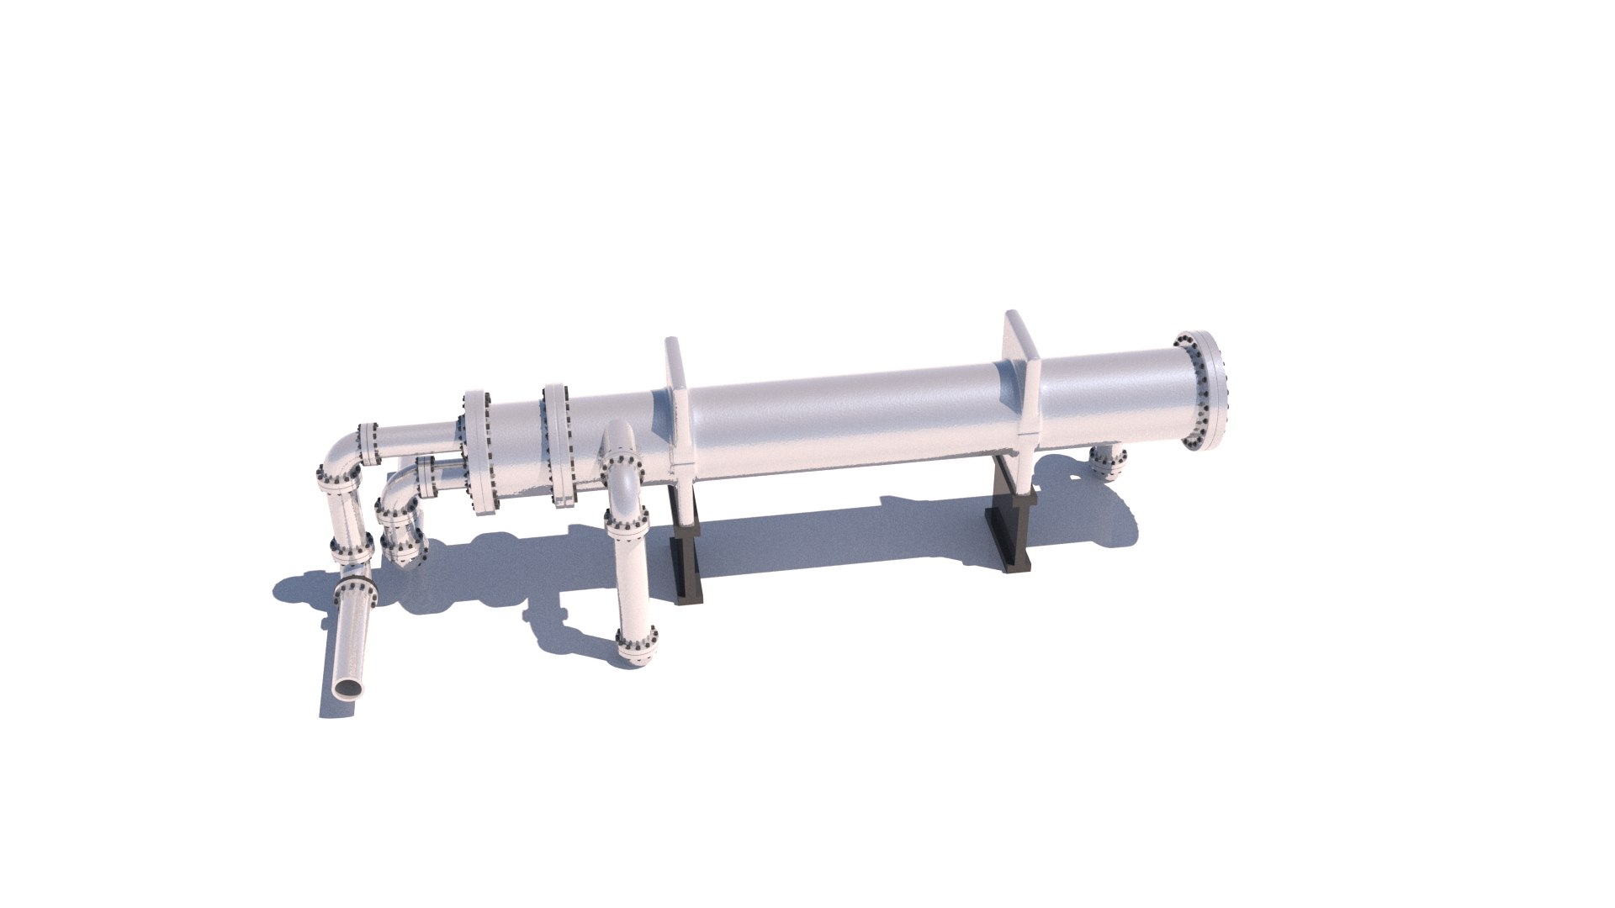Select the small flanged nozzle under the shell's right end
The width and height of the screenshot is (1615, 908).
tap(1109, 463)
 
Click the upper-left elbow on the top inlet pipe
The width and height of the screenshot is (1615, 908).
tap(340, 455)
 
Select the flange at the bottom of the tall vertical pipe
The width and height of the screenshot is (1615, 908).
tap(636, 644)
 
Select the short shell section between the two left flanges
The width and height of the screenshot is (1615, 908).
tap(517, 450)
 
